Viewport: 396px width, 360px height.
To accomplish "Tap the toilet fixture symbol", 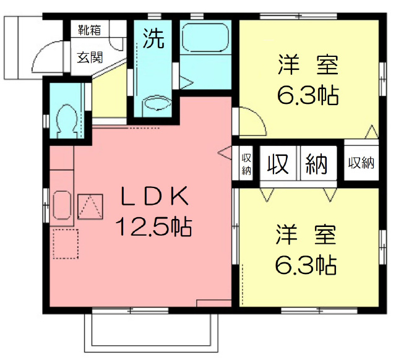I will pos(65,118).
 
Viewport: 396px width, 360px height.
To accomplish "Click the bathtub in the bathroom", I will pos(206,39).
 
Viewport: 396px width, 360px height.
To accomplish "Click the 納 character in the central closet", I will pos(317,163).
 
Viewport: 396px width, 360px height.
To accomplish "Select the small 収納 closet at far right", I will pos(361,163).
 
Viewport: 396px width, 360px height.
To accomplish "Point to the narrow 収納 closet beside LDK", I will pos(246,164).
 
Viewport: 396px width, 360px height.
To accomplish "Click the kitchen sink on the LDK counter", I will pos(61,205).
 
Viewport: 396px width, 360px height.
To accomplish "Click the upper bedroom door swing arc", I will pos(252,121).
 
